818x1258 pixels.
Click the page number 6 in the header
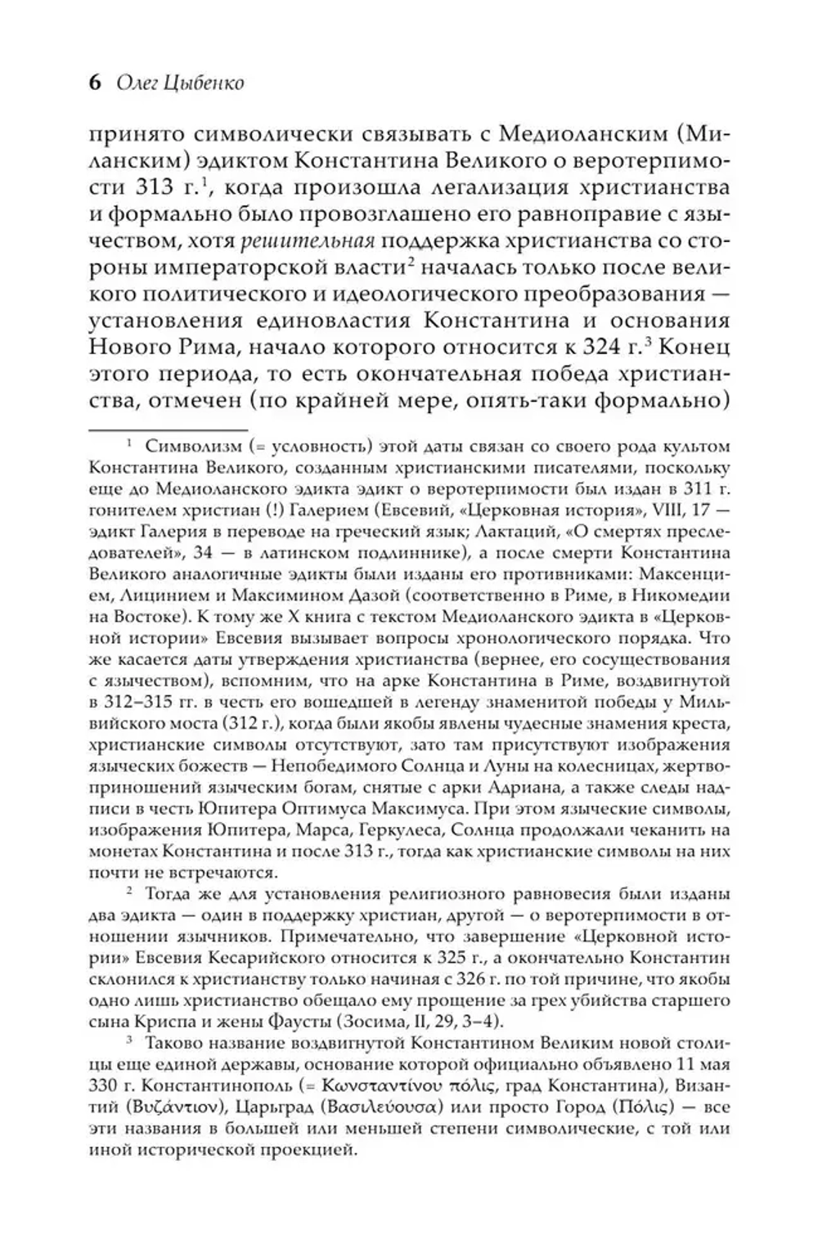click(95, 82)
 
